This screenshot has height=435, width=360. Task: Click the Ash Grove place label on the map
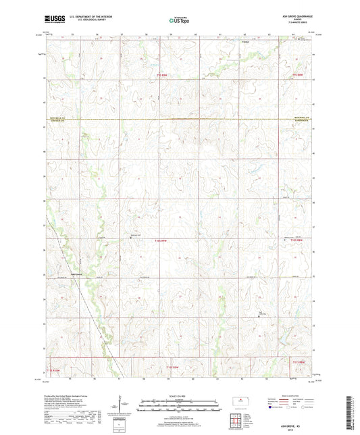point(78,274)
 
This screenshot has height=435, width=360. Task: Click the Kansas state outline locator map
point(243,401)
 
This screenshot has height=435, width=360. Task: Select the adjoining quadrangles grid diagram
point(243,421)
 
